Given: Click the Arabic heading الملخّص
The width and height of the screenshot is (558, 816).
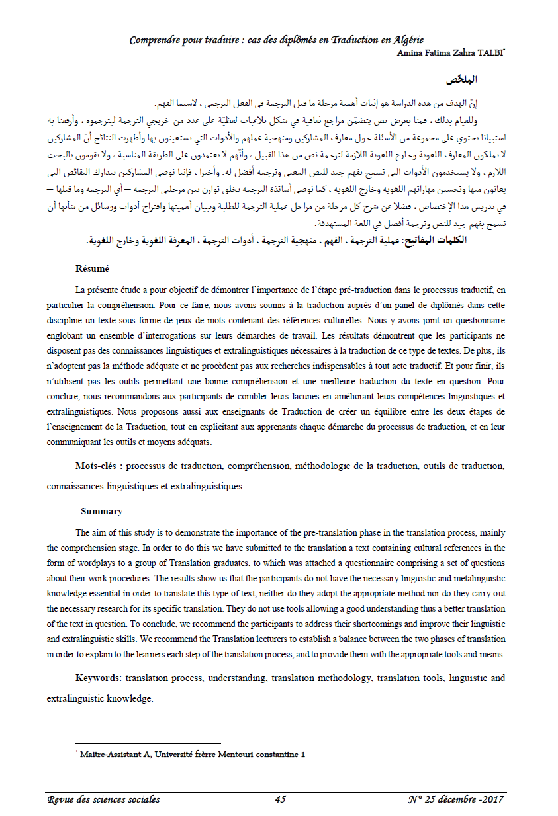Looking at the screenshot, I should click(463, 80).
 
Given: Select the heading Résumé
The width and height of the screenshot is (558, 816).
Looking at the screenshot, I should click(92, 269).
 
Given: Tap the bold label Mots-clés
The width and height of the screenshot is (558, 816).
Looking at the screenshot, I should click(99, 466).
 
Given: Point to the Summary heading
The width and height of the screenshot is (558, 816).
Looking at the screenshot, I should click(101, 511).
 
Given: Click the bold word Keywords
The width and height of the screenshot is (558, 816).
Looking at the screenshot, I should click(98, 678).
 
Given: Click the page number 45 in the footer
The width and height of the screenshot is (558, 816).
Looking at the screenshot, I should click(280, 799).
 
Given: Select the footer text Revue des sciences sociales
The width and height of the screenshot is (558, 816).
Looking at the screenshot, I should click(103, 799).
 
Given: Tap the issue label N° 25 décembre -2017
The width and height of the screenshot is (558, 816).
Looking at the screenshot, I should click(456, 799).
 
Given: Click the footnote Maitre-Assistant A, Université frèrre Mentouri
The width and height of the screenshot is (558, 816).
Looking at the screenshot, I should click(192, 754).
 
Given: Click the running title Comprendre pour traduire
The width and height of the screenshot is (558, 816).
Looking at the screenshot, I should click(276, 40).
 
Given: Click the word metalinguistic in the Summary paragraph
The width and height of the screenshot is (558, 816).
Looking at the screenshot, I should click(473, 578).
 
